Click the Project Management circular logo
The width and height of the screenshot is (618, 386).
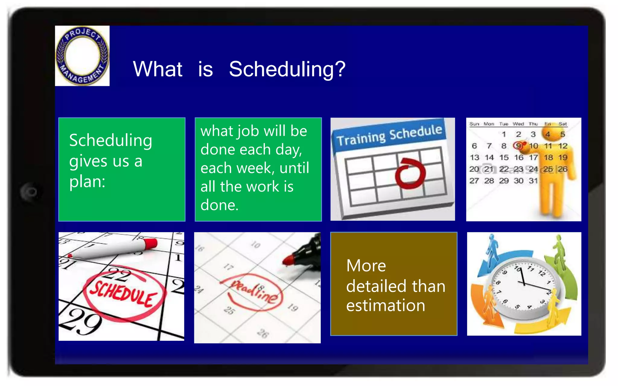click(82, 56)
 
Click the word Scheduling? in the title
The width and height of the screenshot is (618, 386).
click(287, 69)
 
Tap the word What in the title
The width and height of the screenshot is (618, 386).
click(158, 69)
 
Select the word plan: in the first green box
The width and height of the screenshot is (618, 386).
click(87, 182)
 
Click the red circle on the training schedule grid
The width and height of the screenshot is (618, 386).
click(410, 173)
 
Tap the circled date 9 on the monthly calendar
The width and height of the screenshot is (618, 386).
click(518, 146)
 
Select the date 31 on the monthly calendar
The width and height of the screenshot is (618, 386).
click(533, 181)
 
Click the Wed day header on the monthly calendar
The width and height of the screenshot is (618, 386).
click(518, 124)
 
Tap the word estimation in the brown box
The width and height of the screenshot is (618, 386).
click(385, 305)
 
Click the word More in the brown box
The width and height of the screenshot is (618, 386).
click(366, 266)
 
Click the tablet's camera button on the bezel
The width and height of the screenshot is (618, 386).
click(30, 192)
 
